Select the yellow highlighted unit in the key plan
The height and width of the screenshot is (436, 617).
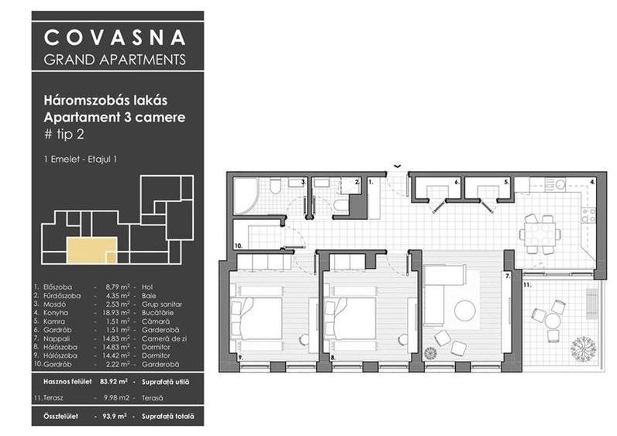pos(91,252)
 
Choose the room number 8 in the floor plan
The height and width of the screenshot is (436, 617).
pos(331,358)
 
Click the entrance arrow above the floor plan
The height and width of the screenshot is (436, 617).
pos(397,165)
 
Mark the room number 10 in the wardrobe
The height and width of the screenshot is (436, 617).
pos(238,245)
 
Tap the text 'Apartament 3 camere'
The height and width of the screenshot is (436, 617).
pos(115,118)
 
